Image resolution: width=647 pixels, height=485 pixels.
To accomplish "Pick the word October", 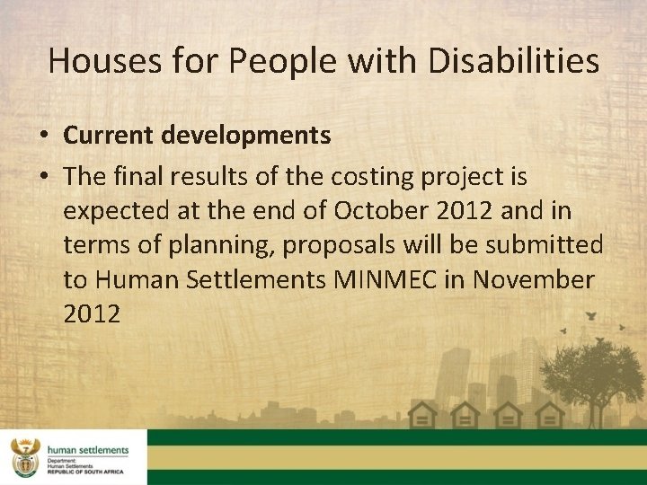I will [x=379, y=212].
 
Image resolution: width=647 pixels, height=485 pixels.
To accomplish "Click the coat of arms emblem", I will [x=24, y=457].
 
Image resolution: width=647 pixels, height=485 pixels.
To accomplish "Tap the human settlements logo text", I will [x=87, y=450].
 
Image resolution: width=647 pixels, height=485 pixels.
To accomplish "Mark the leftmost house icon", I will [x=422, y=415].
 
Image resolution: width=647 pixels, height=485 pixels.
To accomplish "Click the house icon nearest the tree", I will [x=549, y=415].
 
